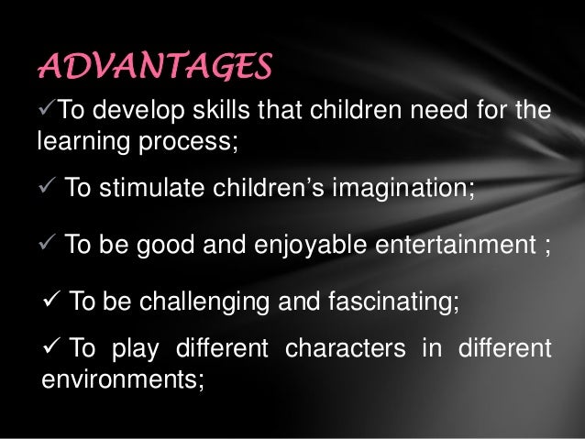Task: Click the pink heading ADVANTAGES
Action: coord(154,66)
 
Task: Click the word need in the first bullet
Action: coord(446,112)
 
